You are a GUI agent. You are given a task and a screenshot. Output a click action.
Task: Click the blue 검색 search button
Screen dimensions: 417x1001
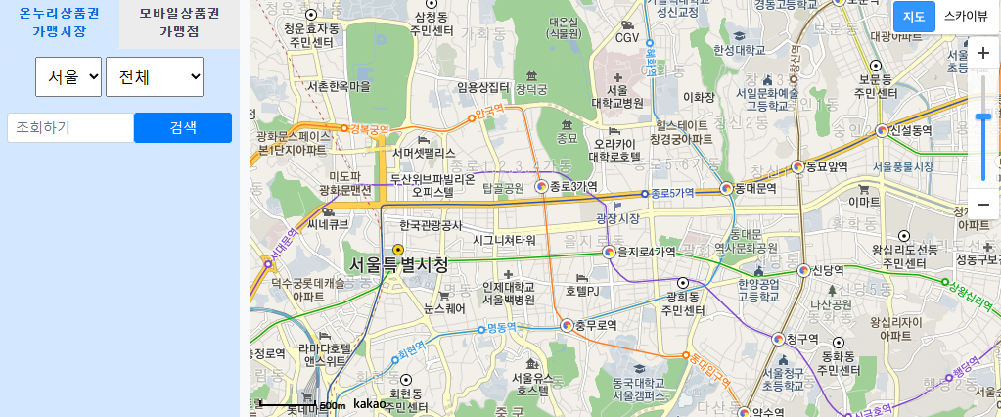click(x=182, y=127)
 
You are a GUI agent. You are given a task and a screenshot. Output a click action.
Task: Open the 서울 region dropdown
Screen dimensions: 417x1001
click(x=68, y=76)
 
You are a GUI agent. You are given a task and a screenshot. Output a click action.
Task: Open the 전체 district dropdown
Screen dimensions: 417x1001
click(x=154, y=76)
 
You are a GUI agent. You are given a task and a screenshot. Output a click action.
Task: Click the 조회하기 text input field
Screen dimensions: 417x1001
click(x=69, y=127)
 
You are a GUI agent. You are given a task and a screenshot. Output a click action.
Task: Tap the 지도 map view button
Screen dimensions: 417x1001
click(x=914, y=17)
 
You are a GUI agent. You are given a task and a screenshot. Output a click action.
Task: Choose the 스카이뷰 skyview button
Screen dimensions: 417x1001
click(x=966, y=17)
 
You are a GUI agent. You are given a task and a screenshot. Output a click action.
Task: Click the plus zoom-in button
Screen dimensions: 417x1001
click(x=982, y=53)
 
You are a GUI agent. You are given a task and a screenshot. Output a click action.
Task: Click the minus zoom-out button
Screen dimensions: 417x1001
click(x=982, y=204)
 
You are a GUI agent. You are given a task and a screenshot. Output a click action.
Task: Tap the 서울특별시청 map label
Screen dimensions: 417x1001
click(x=399, y=264)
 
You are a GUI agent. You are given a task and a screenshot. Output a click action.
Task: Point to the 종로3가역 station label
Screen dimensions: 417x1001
click(x=573, y=186)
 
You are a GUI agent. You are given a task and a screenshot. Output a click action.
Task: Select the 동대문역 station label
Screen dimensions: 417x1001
click(x=754, y=187)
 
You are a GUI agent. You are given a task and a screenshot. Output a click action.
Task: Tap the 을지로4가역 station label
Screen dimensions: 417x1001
click(x=647, y=252)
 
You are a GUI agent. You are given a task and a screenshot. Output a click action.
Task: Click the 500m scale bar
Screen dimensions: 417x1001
click(x=304, y=404)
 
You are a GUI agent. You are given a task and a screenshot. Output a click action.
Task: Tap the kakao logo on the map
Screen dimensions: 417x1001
click(x=370, y=403)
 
